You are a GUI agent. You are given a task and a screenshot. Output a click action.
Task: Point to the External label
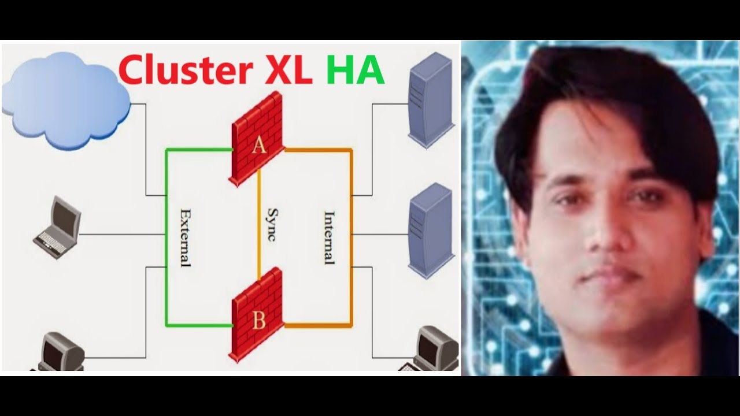(x=185, y=237)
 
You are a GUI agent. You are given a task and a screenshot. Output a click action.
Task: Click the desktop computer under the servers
(x=434, y=350)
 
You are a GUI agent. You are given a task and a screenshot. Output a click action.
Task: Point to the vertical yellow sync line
(x=259, y=231)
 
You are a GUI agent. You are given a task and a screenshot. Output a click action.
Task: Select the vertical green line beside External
(x=166, y=237)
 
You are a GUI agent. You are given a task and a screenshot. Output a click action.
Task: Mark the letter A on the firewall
(x=258, y=146)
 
